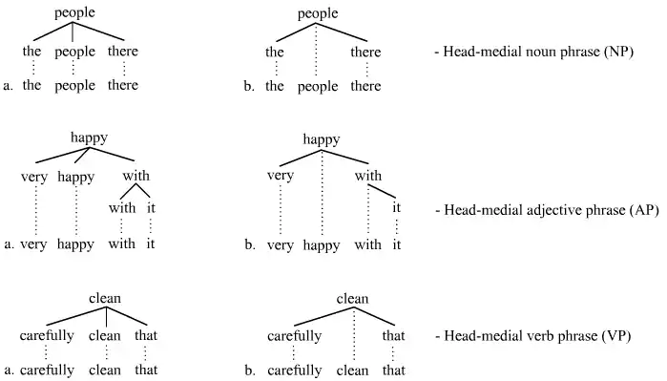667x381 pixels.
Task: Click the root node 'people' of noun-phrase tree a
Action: pos(75,13)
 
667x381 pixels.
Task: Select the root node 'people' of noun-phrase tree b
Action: pos(319,13)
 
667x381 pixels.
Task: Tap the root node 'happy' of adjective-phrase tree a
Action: pos(88,138)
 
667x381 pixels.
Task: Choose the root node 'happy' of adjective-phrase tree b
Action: pos(322,139)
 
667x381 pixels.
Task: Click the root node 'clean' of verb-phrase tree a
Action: pos(104,299)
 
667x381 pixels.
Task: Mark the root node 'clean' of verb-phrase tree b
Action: pos(352,299)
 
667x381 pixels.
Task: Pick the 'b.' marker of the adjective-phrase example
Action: pos(249,245)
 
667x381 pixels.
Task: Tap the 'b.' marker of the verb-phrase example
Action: pos(249,370)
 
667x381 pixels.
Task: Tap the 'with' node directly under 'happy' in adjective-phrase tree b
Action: pos(368,176)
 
